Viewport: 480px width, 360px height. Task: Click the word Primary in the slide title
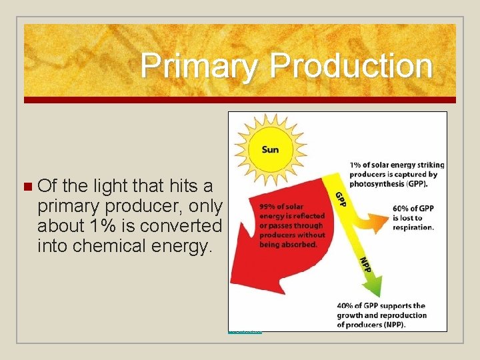click(x=199, y=66)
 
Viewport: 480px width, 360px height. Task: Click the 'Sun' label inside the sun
click(x=270, y=149)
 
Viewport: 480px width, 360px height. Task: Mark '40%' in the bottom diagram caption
click(x=346, y=305)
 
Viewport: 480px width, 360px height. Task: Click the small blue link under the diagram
click(x=245, y=331)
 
